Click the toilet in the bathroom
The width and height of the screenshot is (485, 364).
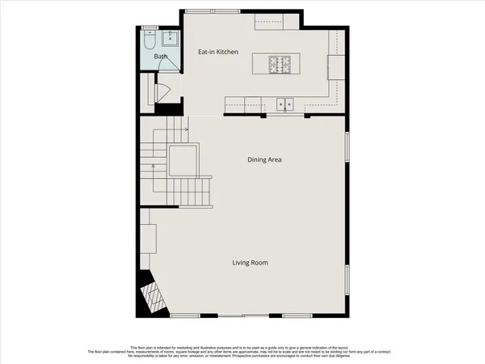point(149,41)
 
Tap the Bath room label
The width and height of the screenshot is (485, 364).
point(161,57)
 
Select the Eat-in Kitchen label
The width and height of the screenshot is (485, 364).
point(218,53)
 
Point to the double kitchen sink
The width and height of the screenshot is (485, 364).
point(285,104)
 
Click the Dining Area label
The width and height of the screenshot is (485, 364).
point(264,159)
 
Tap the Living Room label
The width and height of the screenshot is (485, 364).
point(250,263)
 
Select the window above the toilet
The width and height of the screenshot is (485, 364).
point(149,28)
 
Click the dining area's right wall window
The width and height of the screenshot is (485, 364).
point(348,151)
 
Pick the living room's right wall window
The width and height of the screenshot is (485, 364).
point(348,281)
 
